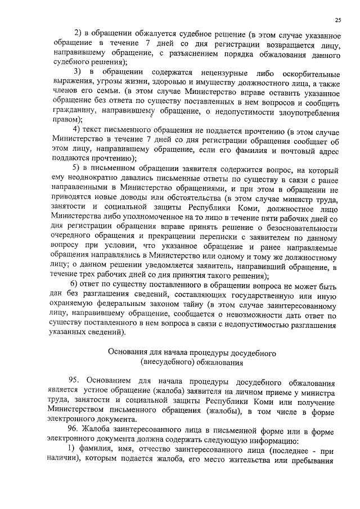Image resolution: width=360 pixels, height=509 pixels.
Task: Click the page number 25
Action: pos(337,20)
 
